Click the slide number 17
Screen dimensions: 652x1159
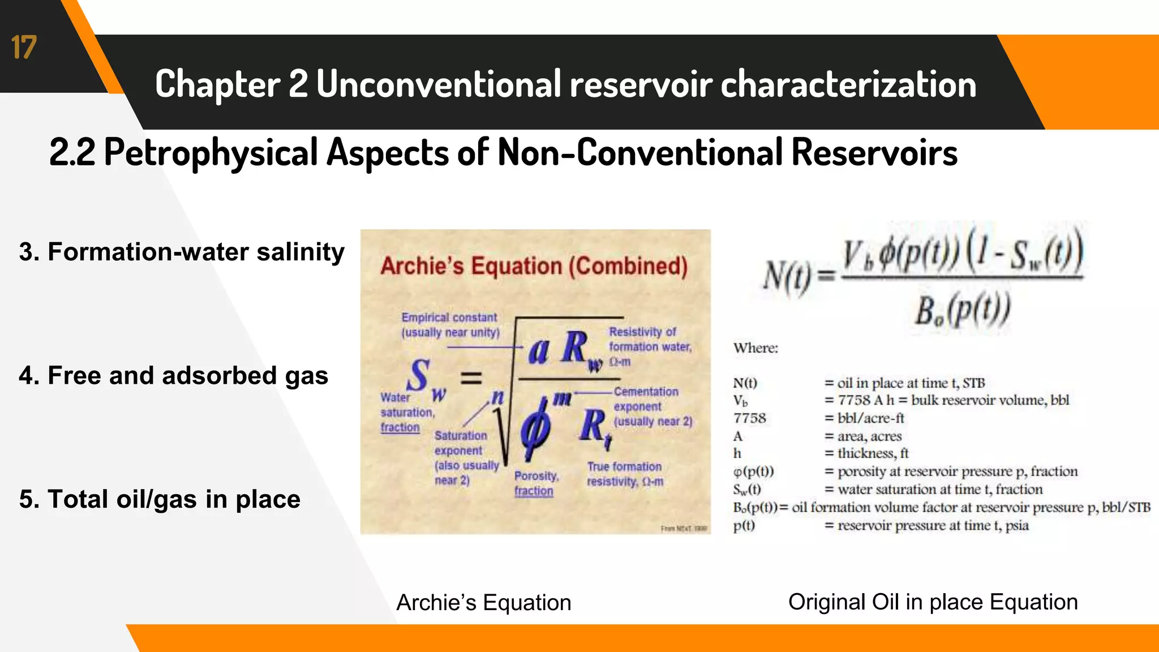click(x=24, y=48)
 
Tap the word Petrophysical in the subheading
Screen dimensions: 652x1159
click(x=211, y=152)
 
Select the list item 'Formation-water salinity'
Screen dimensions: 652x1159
click(x=182, y=252)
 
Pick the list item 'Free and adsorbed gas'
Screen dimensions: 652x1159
click(x=174, y=376)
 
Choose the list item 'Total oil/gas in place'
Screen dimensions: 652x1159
click(x=160, y=499)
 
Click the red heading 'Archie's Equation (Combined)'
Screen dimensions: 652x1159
click(x=534, y=266)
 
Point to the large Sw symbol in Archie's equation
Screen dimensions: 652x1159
click(x=424, y=379)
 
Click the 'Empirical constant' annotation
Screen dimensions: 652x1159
click(x=450, y=324)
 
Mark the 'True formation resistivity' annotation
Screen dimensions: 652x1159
click(x=625, y=474)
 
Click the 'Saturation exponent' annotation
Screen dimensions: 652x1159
click(x=466, y=457)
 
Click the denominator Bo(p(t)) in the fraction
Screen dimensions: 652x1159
click(x=962, y=311)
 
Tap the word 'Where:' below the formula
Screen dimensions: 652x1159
click(x=756, y=348)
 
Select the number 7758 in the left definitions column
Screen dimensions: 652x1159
click(x=749, y=418)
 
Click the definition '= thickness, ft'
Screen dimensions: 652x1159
click(x=866, y=453)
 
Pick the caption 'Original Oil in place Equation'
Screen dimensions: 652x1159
click(x=933, y=602)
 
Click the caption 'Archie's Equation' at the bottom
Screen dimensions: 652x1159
click(x=484, y=602)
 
